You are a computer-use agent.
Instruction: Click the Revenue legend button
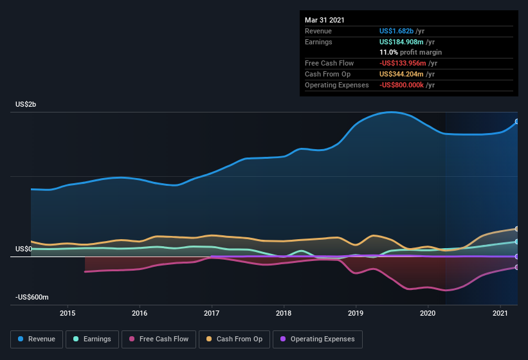point(37,339)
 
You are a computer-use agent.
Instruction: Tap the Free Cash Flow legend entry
point(159,339)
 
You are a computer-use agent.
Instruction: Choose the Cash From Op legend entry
point(234,339)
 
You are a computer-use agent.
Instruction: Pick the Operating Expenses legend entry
point(318,339)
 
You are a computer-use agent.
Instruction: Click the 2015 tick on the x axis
point(68,313)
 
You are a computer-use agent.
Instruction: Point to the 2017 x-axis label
point(212,313)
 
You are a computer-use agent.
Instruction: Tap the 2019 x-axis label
point(356,313)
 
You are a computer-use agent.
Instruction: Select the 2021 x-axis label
point(500,313)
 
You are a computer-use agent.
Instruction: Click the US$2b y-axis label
point(26,104)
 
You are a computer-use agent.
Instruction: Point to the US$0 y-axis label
point(24,249)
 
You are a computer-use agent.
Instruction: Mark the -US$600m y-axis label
point(32,297)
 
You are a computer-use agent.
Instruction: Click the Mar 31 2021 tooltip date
point(325,20)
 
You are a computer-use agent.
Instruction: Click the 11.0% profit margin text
point(410,52)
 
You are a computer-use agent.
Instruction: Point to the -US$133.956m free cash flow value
point(405,63)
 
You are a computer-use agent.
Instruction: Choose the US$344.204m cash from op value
point(402,74)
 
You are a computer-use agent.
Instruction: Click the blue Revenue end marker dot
point(516,122)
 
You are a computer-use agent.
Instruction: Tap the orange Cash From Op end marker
point(516,229)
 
